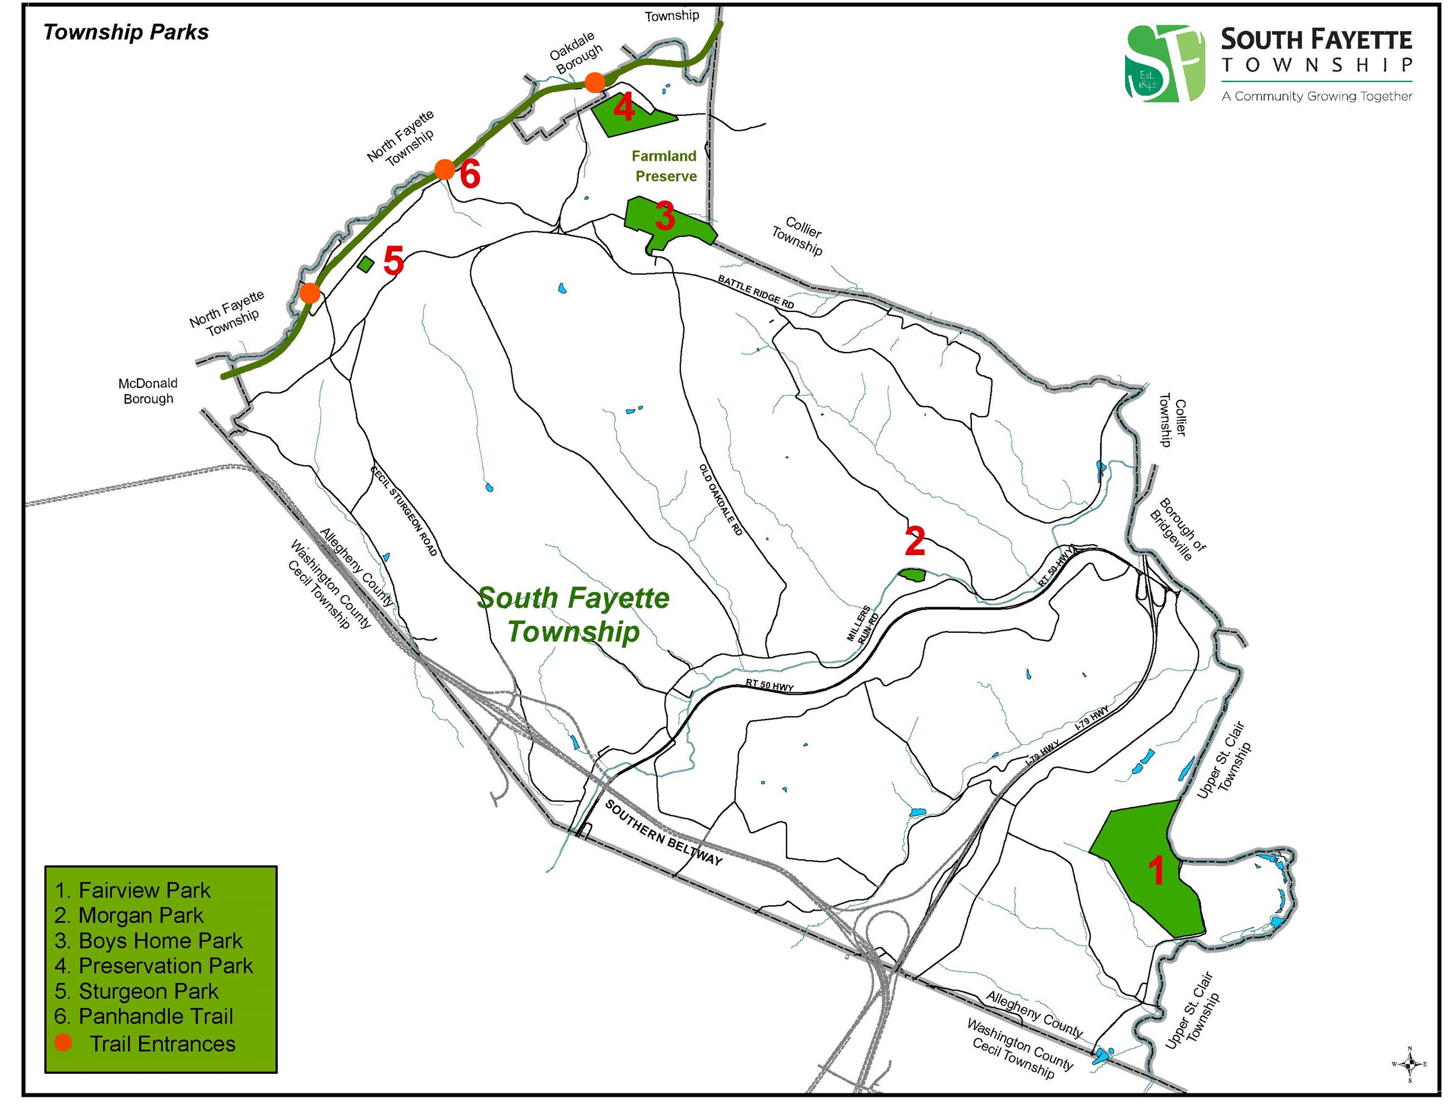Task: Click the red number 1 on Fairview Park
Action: (x=1156, y=871)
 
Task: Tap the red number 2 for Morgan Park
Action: (x=915, y=541)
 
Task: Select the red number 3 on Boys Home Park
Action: (x=664, y=216)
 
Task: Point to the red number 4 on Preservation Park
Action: (x=623, y=107)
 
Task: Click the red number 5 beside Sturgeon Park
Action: (x=393, y=261)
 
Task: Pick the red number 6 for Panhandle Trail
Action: (x=469, y=175)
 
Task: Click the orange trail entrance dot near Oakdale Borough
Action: (x=595, y=83)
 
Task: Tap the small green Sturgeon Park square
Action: (x=365, y=264)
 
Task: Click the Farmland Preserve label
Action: (x=665, y=166)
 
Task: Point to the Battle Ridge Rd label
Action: (x=756, y=292)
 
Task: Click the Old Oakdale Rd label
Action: (x=720, y=500)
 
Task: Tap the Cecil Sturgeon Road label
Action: (x=404, y=510)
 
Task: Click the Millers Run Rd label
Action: (x=863, y=624)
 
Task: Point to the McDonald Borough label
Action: (x=148, y=391)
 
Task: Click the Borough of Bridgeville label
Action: (x=1178, y=529)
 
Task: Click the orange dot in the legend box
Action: (x=63, y=1042)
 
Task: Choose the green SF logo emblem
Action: (x=1165, y=63)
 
